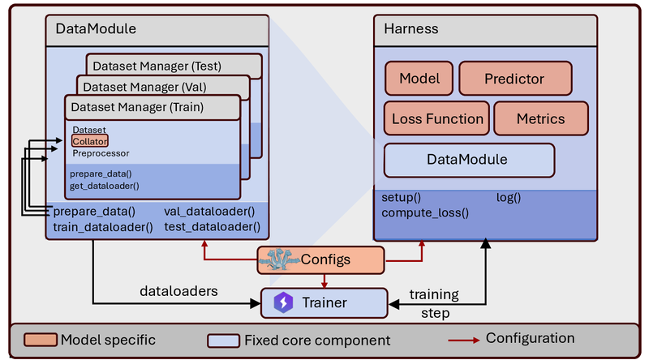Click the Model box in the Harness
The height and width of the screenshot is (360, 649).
click(419, 78)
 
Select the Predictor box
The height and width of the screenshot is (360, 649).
click(515, 78)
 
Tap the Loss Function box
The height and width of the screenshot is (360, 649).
click(436, 118)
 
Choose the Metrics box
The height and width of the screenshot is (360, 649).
click(541, 118)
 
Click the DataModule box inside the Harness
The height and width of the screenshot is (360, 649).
click(470, 161)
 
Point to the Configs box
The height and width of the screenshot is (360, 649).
click(320, 259)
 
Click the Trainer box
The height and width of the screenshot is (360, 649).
click(324, 303)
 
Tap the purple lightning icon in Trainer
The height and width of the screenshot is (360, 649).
click(283, 302)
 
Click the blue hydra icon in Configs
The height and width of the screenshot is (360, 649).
click(278, 259)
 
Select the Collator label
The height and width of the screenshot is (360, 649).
click(90, 141)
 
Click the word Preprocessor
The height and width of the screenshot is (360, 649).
click(101, 153)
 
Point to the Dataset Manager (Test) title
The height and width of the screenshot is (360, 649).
click(157, 66)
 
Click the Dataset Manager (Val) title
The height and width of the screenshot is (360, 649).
click(144, 87)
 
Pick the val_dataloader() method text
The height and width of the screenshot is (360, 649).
click(209, 212)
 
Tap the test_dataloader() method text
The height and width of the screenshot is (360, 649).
click(213, 227)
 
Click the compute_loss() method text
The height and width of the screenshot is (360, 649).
click(425, 212)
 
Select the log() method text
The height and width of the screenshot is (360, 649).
click(509, 197)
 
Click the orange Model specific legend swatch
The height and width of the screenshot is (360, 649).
click(40, 340)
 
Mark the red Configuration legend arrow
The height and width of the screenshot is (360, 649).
click(463, 341)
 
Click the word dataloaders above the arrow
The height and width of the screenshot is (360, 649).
click(178, 291)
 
